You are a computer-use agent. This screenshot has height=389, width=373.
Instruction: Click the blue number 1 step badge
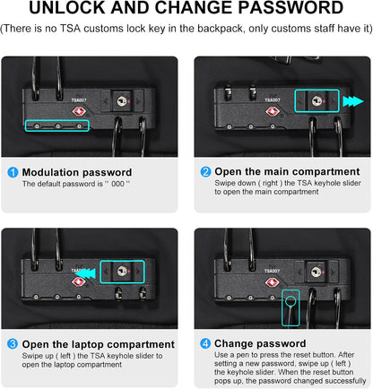click(13, 172)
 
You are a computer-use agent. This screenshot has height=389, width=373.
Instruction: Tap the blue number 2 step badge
click(205, 172)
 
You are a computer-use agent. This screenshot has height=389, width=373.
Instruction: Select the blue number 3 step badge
click(13, 344)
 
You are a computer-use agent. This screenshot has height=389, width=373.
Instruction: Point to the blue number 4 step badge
click(205, 343)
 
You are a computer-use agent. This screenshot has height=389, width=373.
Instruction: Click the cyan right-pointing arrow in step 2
click(353, 101)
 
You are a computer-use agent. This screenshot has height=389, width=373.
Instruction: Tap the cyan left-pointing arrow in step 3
click(85, 273)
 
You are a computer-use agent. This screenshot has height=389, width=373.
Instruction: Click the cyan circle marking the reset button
click(291, 301)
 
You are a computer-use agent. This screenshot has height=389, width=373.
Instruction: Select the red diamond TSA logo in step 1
click(79, 112)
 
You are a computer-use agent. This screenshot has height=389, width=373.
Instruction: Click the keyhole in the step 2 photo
click(317, 100)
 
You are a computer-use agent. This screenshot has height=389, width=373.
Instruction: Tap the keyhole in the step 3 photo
click(122, 272)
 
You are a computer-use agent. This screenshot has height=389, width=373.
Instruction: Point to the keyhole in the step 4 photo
click(316, 272)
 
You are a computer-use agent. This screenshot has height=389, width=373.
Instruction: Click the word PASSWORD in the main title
click(291, 8)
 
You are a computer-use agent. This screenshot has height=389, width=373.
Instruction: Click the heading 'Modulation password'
click(77, 172)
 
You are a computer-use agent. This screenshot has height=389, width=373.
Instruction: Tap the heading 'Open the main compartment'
click(287, 171)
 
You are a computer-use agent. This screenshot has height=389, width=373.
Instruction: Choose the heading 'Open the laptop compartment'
click(99, 344)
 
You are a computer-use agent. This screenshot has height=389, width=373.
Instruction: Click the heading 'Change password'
click(260, 343)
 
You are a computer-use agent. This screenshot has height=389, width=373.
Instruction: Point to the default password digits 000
click(117, 184)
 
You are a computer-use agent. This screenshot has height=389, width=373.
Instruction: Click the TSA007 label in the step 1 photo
click(79, 100)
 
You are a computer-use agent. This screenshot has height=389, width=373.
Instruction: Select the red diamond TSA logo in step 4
click(273, 282)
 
